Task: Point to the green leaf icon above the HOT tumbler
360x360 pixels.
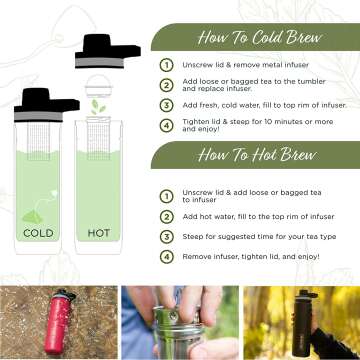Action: click(x=98, y=106)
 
